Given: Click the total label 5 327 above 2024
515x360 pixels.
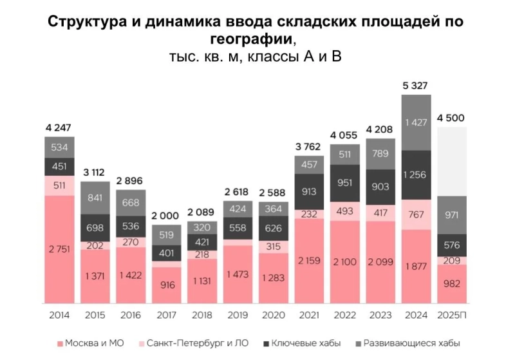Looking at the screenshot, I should [415, 86].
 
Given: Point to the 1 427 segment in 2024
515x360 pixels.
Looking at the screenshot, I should [415, 122].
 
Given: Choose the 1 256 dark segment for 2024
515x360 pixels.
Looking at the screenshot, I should [415, 175].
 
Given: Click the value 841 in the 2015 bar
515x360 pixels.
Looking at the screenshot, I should [95, 198].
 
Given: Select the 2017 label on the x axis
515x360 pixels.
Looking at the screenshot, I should [166, 316].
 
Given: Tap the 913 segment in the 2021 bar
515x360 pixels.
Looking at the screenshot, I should [308, 191].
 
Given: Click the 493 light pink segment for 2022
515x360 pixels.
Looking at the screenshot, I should [344, 211].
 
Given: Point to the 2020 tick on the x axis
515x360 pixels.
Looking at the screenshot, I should [273, 316].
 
